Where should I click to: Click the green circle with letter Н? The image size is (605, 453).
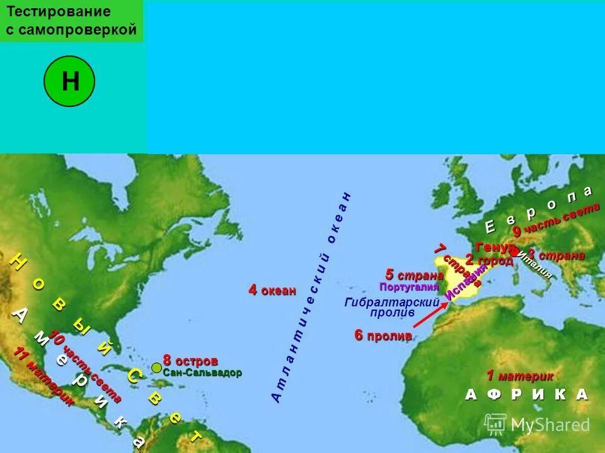[69, 82]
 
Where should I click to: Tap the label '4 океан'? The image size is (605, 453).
[272, 290]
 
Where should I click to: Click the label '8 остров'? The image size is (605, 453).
[190, 361]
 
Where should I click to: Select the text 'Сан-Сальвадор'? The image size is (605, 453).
[202, 372]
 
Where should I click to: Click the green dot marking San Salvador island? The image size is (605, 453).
[156, 367]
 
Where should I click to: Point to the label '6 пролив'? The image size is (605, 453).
[383, 336]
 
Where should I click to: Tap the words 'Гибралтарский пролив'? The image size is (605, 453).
[392, 307]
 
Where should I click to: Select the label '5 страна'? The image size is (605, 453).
[415, 275]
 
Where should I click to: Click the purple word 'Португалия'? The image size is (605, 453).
[408, 287]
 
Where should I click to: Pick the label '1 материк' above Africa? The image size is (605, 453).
[520, 376]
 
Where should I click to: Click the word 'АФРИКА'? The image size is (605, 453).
[526, 394]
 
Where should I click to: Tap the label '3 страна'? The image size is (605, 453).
[556, 255]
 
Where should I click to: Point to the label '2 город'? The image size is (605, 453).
[489, 260]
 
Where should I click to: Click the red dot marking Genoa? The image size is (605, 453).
[514, 252]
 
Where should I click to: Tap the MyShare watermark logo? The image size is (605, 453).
[537, 425]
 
